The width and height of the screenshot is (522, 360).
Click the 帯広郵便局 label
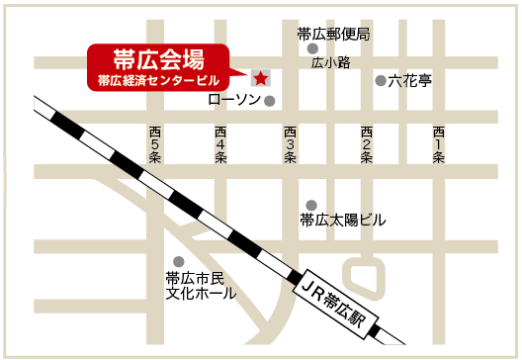pyautogui.click(x=332, y=34)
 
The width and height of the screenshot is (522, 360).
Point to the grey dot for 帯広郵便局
pyautogui.click(x=313, y=48)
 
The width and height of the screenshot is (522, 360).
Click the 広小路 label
pyautogui.click(x=331, y=62)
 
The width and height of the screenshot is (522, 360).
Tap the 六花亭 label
pyautogui.click(x=409, y=81)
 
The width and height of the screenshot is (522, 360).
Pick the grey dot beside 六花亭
pyautogui.click(x=380, y=81)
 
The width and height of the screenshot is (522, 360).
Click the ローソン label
pyautogui.click(x=234, y=100)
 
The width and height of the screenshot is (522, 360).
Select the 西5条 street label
pyautogui.click(x=154, y=144)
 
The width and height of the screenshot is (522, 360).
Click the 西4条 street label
pyautogui.click(x=220, y=144)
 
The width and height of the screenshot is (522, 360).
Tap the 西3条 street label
pyautogui.click(x=290, y=144)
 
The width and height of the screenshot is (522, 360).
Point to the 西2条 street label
pyautogui.click(x=366, y=144)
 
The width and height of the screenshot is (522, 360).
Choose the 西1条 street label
pyautogui.click(x=438, y=144)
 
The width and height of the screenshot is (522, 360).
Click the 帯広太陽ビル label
pyautogui.click(x=342, y=220)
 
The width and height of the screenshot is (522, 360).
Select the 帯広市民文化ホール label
pyautogui.click(x=200, y=286)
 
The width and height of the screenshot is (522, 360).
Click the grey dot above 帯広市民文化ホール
pyautogui.click(x=178, y=261)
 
